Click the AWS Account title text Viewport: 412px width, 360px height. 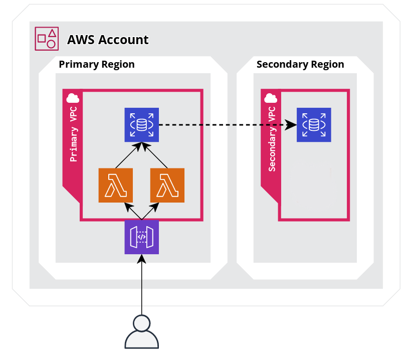pos(108,40)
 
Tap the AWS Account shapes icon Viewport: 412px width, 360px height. pos(47,39)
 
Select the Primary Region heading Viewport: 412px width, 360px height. pos(97,65)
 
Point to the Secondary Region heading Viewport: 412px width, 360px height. pos(300,65)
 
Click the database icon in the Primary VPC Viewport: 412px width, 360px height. pos(142,125)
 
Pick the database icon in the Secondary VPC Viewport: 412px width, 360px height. pos(314,125)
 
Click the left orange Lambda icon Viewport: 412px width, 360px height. pos(116,186)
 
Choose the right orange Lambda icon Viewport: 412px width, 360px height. pos(167,186)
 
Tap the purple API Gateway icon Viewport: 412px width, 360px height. pos(142,237)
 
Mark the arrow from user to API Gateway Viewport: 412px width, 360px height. pos(142,286)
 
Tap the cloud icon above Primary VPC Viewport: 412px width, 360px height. pos(73,97)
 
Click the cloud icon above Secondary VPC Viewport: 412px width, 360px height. pos(271,98)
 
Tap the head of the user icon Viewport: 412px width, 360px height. pos(142,323)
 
